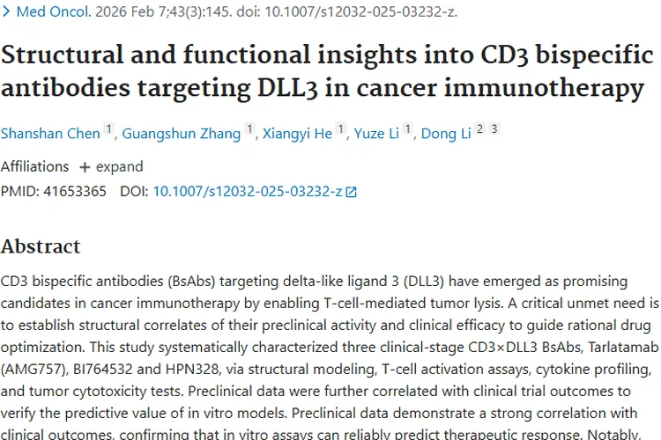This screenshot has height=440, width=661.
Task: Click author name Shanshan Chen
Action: click(50, 134)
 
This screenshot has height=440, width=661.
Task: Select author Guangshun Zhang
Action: click(181, 134)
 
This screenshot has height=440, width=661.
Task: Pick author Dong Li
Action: click(445, 134)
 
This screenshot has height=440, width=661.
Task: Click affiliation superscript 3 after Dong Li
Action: click(494, 129)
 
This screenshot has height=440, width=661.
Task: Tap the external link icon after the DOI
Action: click(353, 192)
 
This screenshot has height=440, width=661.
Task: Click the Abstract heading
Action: click(41, 246)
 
